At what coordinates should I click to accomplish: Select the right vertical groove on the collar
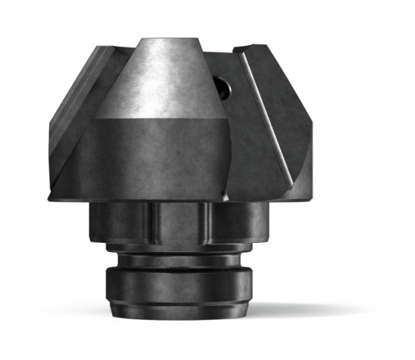tap(206, 222)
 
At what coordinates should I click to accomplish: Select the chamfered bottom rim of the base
tap(178, 311)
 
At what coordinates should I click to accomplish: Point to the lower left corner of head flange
tap(52, 197)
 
